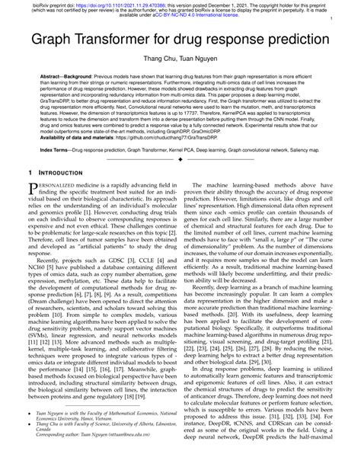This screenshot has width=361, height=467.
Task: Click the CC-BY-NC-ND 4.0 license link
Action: pyautogui.click(x=193, y=16)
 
